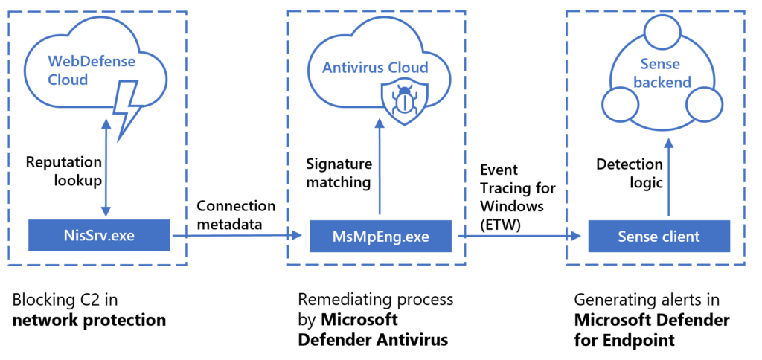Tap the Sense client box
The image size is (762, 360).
tap(659, 237)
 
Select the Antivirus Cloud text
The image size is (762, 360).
tap(375, 68)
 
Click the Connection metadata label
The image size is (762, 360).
tap(235, 214)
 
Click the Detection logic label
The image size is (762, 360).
tap(629, 172)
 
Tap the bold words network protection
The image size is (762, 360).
tap(88, 321)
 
